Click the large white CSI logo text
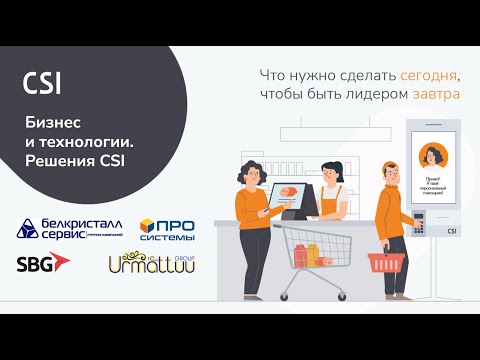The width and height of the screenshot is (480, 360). click(42, 84)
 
